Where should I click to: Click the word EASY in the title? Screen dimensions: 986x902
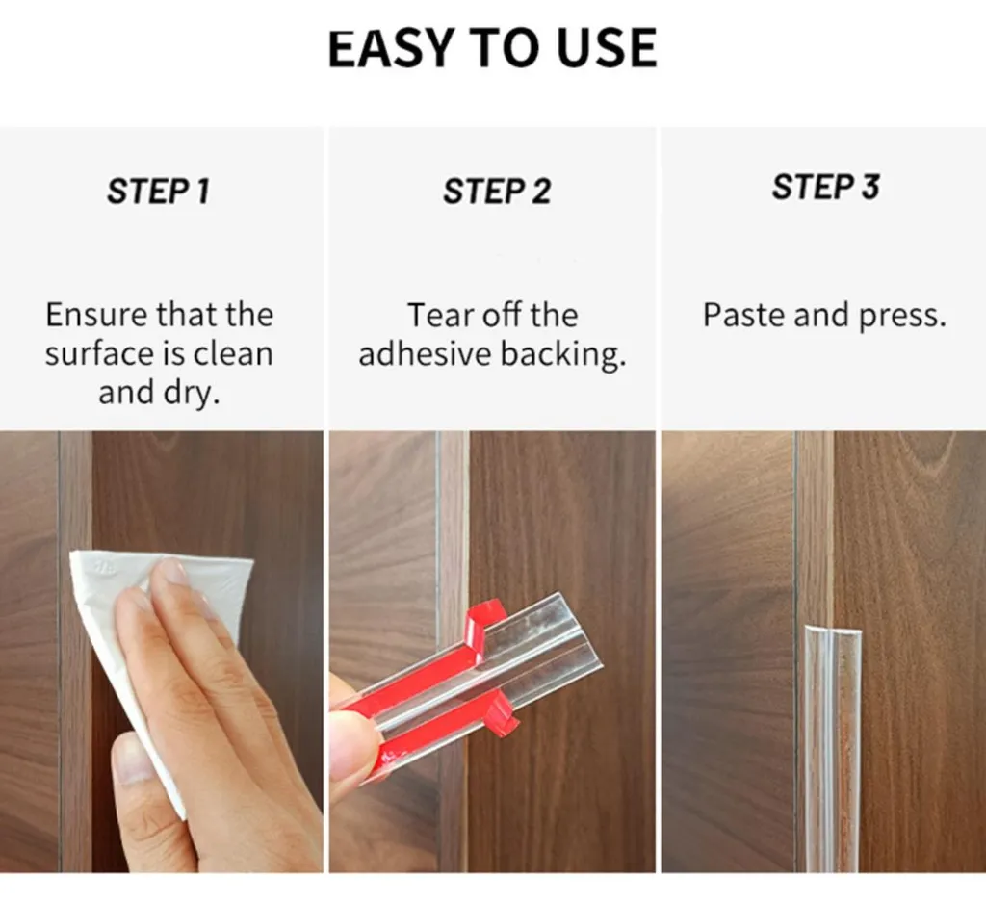[x=391, y=48]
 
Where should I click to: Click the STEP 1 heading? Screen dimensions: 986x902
[x=158, y=192]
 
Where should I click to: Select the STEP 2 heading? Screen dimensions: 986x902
[x=497, y=192]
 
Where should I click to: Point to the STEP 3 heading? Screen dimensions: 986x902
[x=825, y=187]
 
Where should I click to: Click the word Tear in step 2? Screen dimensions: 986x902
[x=440, y=315]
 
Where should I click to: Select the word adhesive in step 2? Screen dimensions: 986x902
[x=425, y=354]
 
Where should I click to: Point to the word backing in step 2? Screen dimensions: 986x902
[x=562, y=355]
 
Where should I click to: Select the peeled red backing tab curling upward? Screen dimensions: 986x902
[x=478, y=630]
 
